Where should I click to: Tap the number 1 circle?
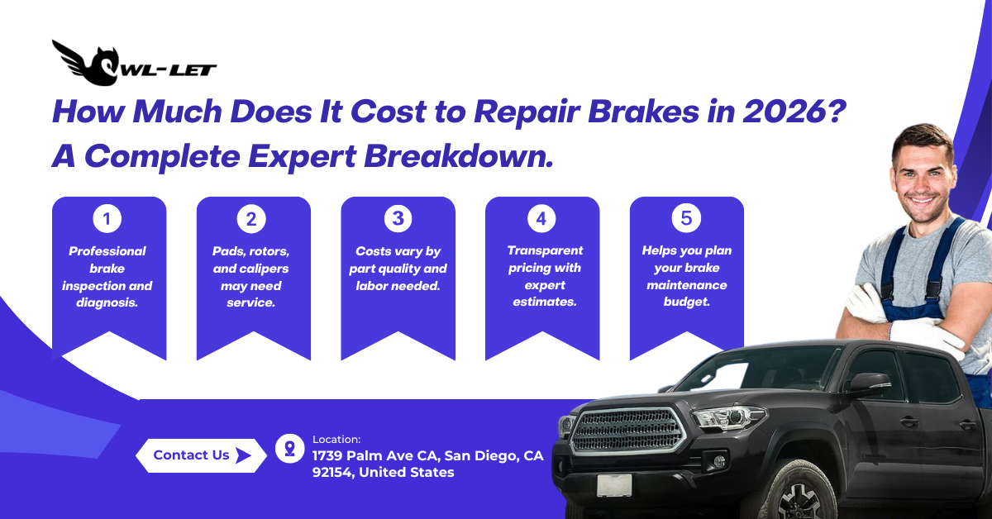click(x=107, y=219)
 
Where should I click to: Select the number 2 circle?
click(x=251, y=219)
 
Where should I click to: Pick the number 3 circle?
click(x=398, y=219)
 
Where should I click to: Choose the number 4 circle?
click(x=541, y=219)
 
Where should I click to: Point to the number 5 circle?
click(x=686, y=219)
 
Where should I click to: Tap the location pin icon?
click(x=289, y=449)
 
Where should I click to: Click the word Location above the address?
click(x=336, y=440)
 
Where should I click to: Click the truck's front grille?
click(x=627, y=430)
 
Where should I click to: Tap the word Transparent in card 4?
click(x=545, y=250)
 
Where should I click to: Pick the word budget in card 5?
click(x=686, y=302)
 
